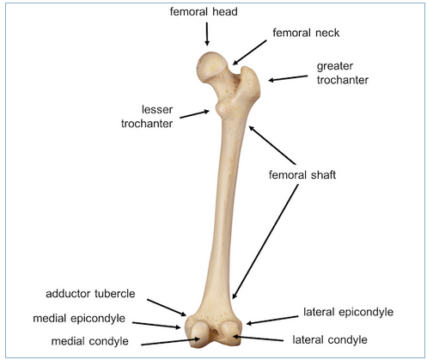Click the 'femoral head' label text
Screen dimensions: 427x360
tap(204, 12)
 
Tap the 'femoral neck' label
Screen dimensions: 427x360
tap(306, 33)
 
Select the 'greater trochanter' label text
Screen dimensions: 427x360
tap(343, 73)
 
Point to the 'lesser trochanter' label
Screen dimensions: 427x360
tap(147, 117)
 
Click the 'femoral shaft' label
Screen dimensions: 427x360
tap(302, 174)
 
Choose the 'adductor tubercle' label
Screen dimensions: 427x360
tap(90, 294)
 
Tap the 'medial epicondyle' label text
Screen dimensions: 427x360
tap(79, 319)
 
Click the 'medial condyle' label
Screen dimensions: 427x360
tap(90, 341)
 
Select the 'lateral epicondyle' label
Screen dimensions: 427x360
tap(348, 312)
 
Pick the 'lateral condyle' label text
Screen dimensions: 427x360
tap(330, 340)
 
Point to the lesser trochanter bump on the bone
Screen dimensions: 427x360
tap(220, 109)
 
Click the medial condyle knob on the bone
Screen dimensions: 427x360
tap(199, 333)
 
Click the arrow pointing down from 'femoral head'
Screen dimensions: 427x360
tap(207, 34)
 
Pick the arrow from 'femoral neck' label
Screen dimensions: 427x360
tap(249, 52)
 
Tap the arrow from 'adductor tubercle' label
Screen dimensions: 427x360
tap(167, 308)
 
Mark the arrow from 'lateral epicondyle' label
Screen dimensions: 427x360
tap(272, 320)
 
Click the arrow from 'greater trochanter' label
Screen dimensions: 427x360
tap(288, 78)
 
